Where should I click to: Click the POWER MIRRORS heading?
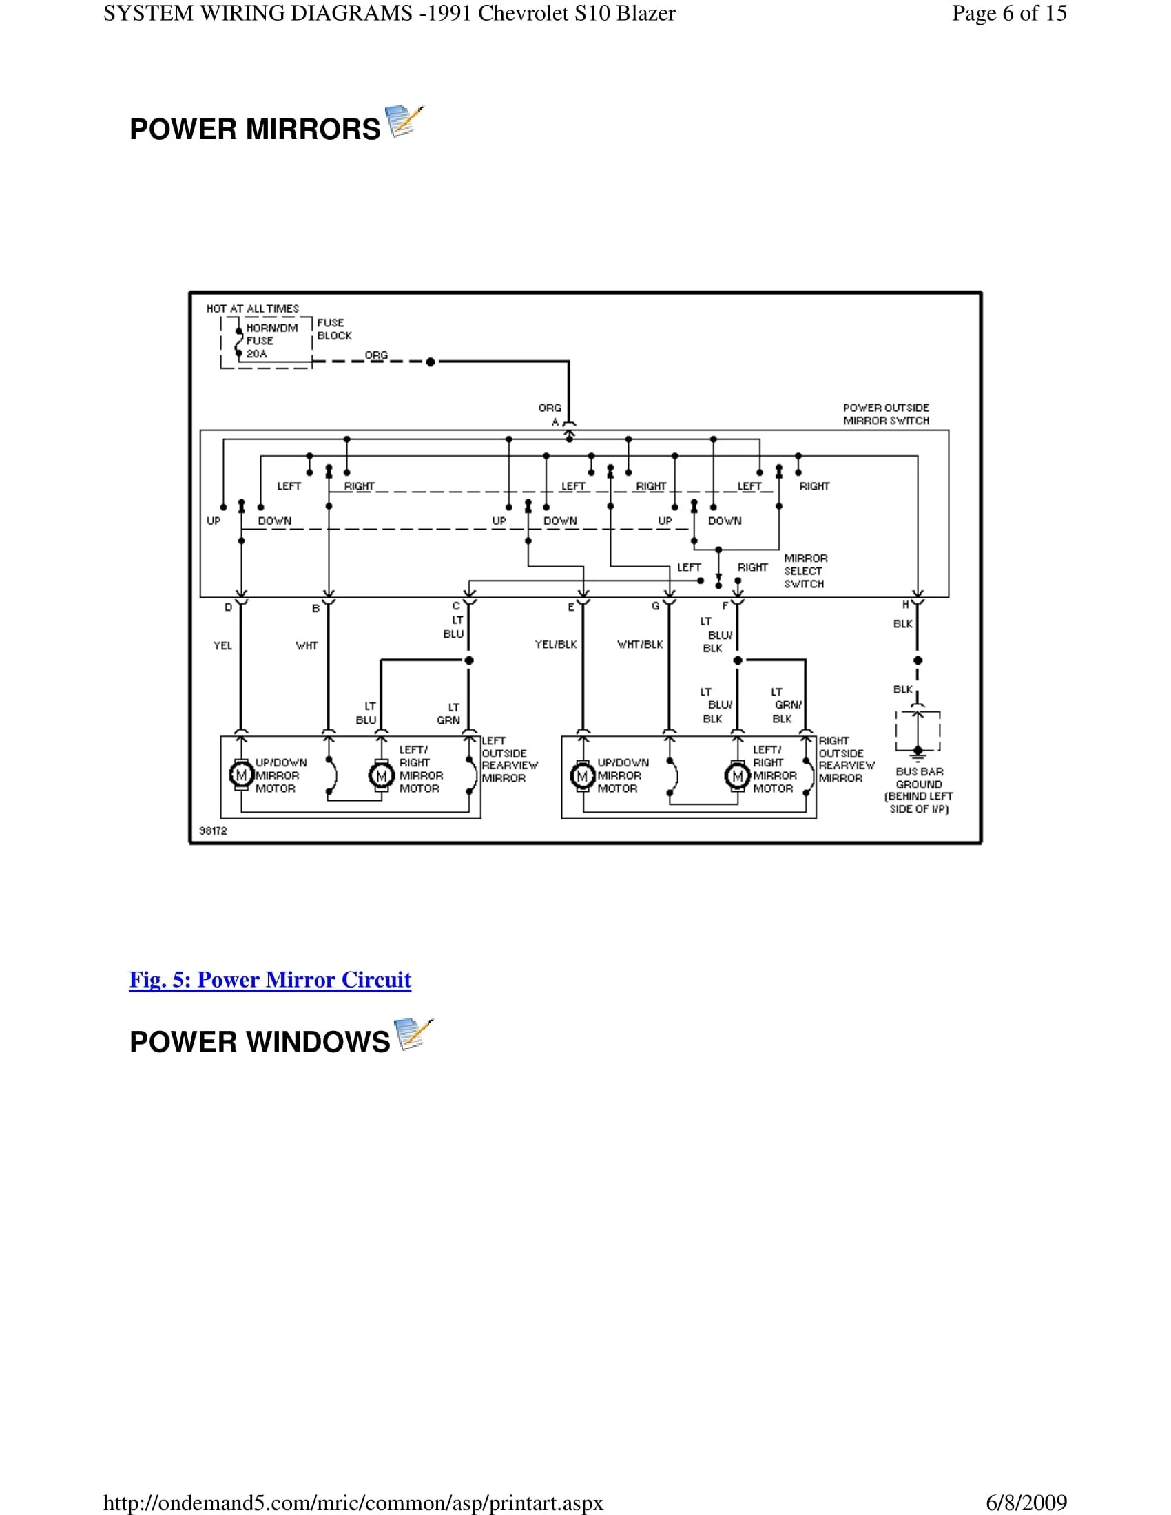(x=255, y=129)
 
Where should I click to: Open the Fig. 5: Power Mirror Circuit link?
(x=270, y=979)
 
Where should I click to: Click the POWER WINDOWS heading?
(x=260, y=1042)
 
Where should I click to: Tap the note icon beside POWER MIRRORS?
(x=404, y=121)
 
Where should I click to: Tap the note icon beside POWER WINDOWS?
(x=413, y=1034)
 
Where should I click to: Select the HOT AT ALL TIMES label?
(x=253, y=309)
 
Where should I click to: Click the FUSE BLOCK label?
(x=333, y=328)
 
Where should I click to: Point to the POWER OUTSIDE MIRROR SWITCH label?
(x=886, y=414)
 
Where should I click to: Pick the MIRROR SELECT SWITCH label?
(x=805, y=571)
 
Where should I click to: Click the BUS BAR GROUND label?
(x=918, y=789)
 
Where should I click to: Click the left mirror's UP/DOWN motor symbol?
(x=241, y=775)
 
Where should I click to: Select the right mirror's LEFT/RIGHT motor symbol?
(x=738, y=775)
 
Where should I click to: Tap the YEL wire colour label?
(x=222, y=646)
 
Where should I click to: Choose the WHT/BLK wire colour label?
(x=640, y=645)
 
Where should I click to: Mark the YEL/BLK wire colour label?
(x=556, y=645)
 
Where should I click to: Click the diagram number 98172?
(x=213, y=831)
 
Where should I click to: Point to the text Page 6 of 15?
(x=1008, y=13)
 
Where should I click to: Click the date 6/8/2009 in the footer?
(x=1026, y=1503)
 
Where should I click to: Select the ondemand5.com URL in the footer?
(x=353, y=1503)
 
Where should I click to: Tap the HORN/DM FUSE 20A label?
(x=271, y=341)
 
